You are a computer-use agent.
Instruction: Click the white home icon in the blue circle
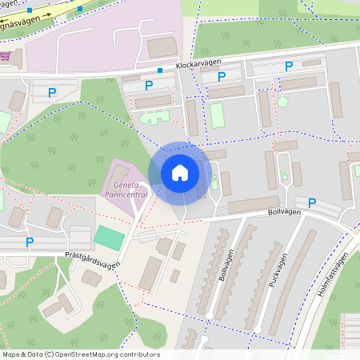180,172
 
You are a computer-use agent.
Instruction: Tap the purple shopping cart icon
6,56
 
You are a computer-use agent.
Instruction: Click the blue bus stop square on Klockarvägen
159,70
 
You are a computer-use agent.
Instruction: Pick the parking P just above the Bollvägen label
312,203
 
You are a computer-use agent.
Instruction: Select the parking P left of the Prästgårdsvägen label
30,242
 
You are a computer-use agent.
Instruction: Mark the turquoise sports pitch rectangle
109,237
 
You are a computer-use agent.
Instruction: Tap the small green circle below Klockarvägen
282,102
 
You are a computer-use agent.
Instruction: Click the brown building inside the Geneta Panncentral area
118,173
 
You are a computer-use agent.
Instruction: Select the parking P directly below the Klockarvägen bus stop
148,85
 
